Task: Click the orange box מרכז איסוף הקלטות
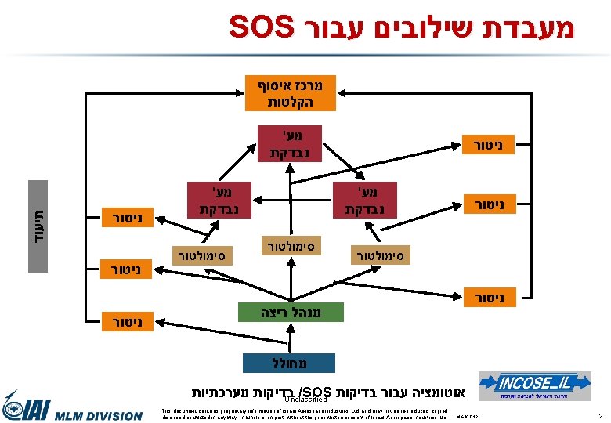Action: tap(289, 92)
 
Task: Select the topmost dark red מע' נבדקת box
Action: tap(290, 143)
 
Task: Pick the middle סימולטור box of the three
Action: tap(290, 245)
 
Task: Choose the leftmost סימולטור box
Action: tap(199, 255)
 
